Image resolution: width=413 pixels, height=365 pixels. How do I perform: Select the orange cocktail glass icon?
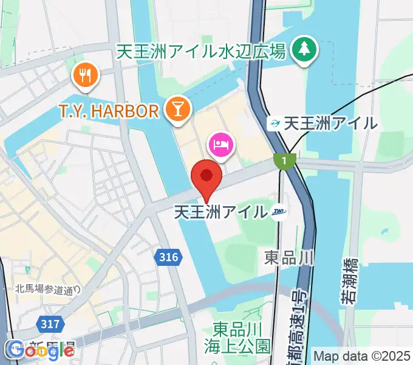(x=179, y=109)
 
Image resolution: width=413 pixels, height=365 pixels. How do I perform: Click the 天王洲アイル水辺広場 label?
(x=201, y=52)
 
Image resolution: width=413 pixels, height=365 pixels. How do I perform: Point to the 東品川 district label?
(x=288, y=257)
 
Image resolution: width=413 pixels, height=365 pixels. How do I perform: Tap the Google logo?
(x=40, y=350)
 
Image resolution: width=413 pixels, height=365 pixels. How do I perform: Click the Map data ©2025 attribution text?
(x=362, y=355)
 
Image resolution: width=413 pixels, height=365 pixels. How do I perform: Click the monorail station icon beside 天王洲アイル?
(x=275, y=123)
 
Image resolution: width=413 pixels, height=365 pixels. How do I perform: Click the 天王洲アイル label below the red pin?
(x=220, y=212)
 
